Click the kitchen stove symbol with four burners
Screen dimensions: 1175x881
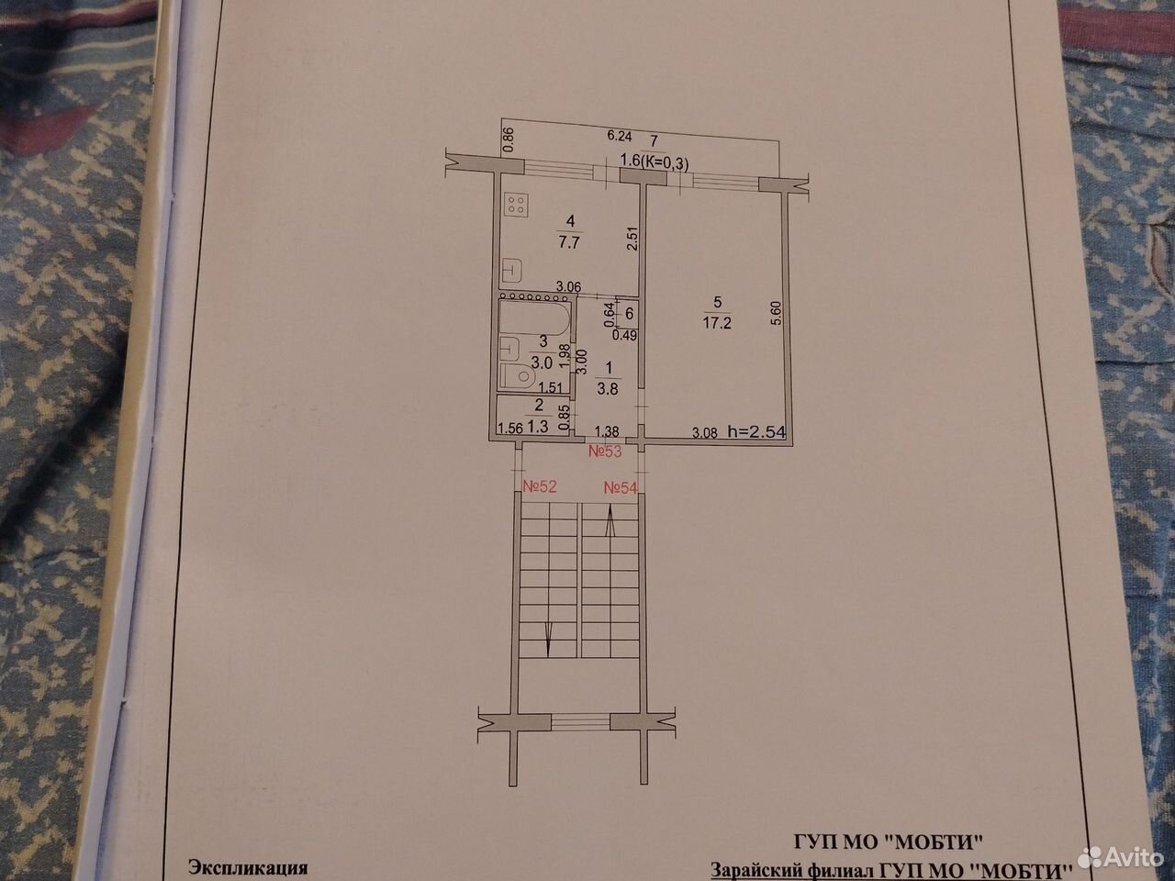click(x=516, y=205)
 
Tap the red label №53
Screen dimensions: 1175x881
click(x=605, y=452)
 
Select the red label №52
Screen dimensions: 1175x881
click(x=540, y=486)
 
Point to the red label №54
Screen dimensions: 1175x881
click(x=621, y=488)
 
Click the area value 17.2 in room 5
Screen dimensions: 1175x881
click(x=717, y=323)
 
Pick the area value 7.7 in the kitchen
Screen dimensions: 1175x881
click(x=569, y=242)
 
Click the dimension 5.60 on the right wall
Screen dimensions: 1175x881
click(x=778, y=313)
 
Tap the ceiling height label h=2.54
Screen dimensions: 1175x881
click(x=757, y=431)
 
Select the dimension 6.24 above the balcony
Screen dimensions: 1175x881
click(x=620, y=136)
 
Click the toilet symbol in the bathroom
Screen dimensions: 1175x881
click(x=518, y=378)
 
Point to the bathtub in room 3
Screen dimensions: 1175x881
click(x=533, y=320)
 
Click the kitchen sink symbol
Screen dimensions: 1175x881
click(x=512, y=272)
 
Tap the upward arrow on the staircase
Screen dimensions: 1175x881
click(x=610, y=521)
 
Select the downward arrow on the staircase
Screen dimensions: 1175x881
click(x=548, y=640)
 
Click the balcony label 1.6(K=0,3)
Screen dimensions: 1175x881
click(x=655, y=162)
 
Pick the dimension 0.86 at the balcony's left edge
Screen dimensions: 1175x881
click(x=509, y=139)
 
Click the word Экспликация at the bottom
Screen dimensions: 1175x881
click(x=248, y=867)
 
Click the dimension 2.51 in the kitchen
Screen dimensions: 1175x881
click(x=632, y=239)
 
